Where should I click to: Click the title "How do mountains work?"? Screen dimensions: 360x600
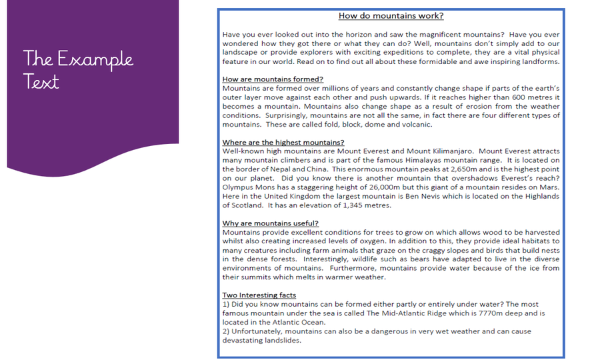click(391, 16)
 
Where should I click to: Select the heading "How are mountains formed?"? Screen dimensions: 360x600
click(273, 79)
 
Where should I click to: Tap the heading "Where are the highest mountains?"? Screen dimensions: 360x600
click(283, 142)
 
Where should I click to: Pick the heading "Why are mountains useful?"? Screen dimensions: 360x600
click(271, 223)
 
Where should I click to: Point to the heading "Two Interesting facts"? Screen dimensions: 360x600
click(259, 295)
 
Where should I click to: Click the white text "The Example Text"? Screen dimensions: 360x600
click(78, 69)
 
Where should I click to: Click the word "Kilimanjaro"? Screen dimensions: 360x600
click(445, 151)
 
